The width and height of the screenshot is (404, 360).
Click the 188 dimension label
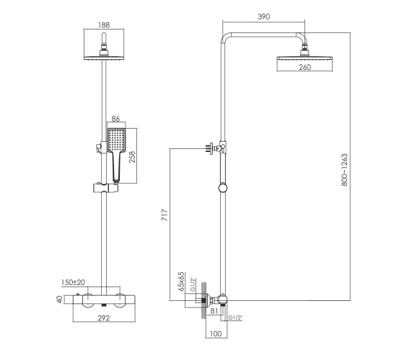coord(104,24)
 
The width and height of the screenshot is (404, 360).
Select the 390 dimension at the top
coord(264,17)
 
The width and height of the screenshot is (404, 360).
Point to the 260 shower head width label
coord(304,67)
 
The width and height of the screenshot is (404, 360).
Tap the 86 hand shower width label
coord(115,119)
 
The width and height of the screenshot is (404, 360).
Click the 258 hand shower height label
coord(132,157)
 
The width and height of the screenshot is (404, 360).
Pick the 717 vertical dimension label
coord(164,215)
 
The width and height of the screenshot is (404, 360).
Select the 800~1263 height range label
coord(344,170)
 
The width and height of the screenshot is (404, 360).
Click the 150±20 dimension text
coord(73,282)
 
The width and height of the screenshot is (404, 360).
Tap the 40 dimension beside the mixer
coord(59,300)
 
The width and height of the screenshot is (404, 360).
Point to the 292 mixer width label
coord(104,318)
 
